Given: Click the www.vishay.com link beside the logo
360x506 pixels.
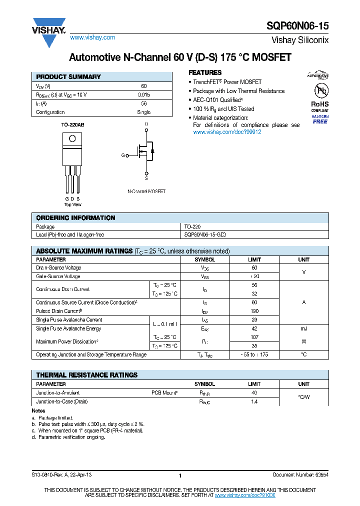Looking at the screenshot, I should tap(92, 37).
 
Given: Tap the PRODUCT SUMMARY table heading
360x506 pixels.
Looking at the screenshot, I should tap(68, 77).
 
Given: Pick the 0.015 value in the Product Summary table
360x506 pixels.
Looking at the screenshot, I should tap(143, 94).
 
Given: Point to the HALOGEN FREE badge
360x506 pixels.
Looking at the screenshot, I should tap(320, 119).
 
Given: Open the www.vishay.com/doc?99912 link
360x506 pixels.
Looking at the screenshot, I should tap(227, 132).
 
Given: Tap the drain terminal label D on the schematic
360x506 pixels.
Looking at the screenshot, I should tap(146, 123).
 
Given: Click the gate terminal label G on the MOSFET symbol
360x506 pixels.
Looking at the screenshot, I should tap(123, 155).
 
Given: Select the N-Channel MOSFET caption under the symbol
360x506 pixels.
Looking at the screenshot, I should tap(146, 191).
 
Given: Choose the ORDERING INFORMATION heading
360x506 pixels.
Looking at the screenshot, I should tap(75, 218).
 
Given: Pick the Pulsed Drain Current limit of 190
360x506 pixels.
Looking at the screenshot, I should tap(254, 311).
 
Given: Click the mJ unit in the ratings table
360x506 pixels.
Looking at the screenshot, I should tap(303, 328).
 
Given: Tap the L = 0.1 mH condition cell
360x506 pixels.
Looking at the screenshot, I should tap(165, 324).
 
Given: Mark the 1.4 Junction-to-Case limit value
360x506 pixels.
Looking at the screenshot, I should tap(254, 401).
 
